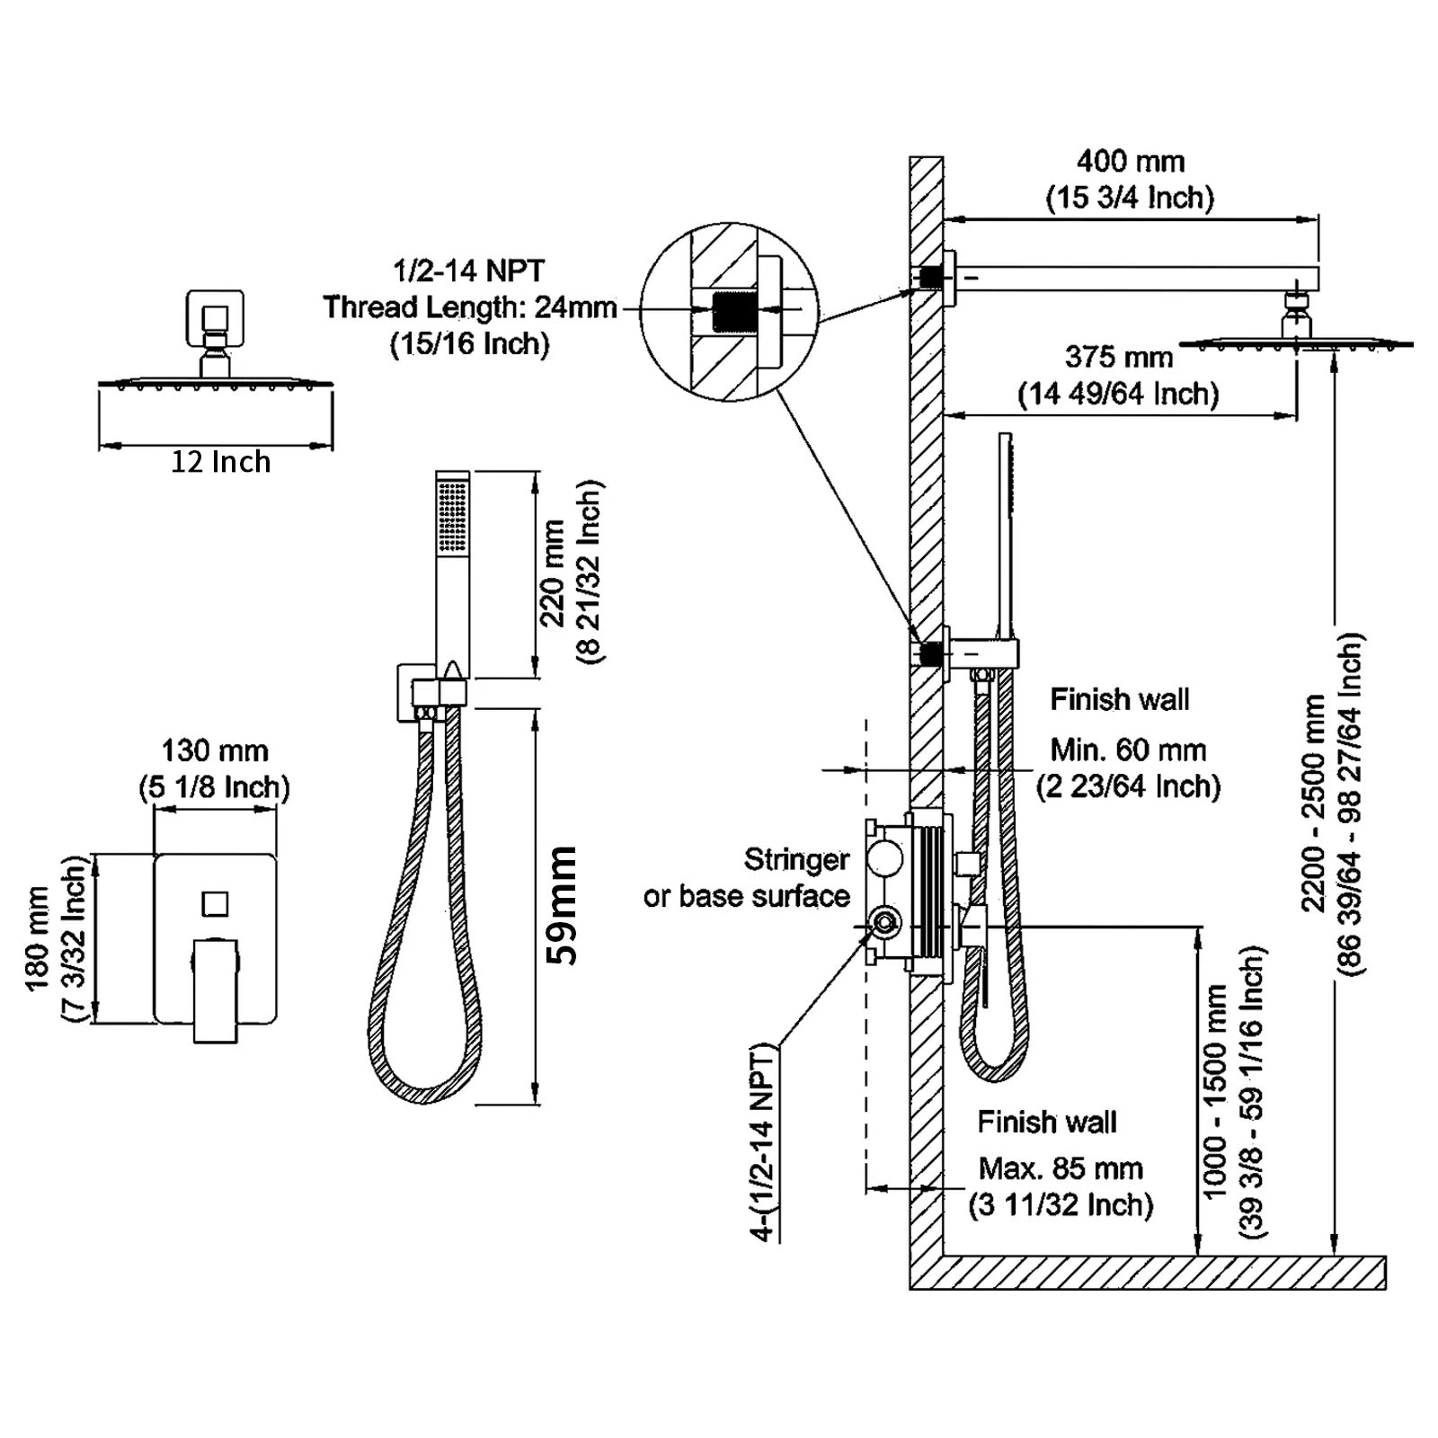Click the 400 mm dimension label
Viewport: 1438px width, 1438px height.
[x=1130, y=162]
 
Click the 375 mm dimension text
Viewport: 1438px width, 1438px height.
[x=1118, y=358]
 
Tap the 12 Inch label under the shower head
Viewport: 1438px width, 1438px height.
[x=220, y=462]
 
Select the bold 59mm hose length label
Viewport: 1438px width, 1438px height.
[x=564, y=905]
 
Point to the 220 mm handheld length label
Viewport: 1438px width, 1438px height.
[x=553, y=573]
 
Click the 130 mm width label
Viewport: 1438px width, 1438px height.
[x=215, y=750]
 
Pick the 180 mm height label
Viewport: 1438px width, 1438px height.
[x=38, y=938]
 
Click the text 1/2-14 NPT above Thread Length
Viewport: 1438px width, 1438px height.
[x=468, y=271]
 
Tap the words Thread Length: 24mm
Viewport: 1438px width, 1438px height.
[x=469, y=307]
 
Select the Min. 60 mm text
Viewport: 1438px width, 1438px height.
[x=1128, y=750]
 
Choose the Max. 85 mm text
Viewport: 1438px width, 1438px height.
[x=1061, y=1168]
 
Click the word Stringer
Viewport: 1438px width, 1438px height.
[x=796, y=860]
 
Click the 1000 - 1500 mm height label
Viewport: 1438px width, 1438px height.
[x=1214, y=1091]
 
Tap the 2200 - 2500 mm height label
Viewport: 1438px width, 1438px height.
[x=1313, y=803]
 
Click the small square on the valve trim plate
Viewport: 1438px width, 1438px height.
[x=215, y=903]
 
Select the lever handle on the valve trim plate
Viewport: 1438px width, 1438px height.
[x=216, y=989]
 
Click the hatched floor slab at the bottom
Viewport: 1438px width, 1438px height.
[x=1150, y=1273]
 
